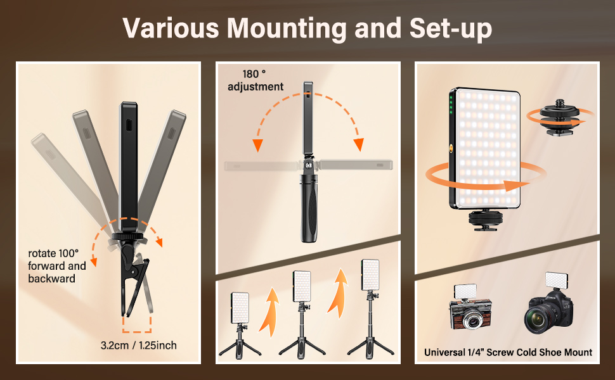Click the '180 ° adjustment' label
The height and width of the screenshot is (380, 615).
pos(256,80)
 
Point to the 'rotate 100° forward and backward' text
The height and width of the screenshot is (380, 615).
pos(57,266)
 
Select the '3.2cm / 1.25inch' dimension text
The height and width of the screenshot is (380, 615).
pos(138,345)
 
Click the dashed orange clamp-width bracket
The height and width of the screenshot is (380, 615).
pos(138,323)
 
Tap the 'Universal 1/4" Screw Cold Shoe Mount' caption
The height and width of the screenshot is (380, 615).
pos(508,352)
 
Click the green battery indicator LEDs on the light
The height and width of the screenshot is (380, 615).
pos(451,107)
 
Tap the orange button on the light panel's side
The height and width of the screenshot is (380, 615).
pos(451,149)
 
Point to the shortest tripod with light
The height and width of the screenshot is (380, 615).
pos(240,326)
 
